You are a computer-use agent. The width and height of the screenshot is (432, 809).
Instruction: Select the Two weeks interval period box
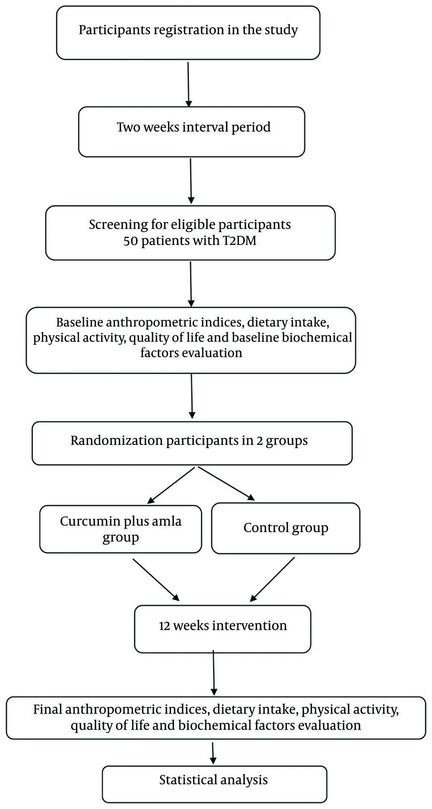click(192, 132)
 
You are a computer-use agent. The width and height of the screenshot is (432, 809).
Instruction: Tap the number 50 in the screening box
click(131, 241)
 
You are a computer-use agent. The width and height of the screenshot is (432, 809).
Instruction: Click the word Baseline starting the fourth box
click(80, 322)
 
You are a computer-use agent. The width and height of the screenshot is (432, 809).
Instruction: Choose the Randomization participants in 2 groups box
click(192, 443)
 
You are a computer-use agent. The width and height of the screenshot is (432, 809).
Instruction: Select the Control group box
click(286, 528)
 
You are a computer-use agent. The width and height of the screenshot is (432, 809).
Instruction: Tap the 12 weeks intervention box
click(222, 629)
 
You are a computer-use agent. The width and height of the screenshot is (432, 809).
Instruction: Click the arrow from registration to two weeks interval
click(188, 84)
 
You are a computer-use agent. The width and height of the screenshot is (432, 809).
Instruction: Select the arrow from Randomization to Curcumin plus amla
click(171, 485)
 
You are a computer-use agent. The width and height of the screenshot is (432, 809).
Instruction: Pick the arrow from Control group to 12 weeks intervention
click(272, 579)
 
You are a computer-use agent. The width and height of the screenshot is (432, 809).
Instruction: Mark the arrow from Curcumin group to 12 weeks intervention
click(156, 580)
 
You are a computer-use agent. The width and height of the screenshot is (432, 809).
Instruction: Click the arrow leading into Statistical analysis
click(213, 753)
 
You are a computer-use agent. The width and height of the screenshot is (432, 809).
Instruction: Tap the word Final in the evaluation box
click(48, 710)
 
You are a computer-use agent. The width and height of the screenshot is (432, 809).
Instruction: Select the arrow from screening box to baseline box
click(191, 284)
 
